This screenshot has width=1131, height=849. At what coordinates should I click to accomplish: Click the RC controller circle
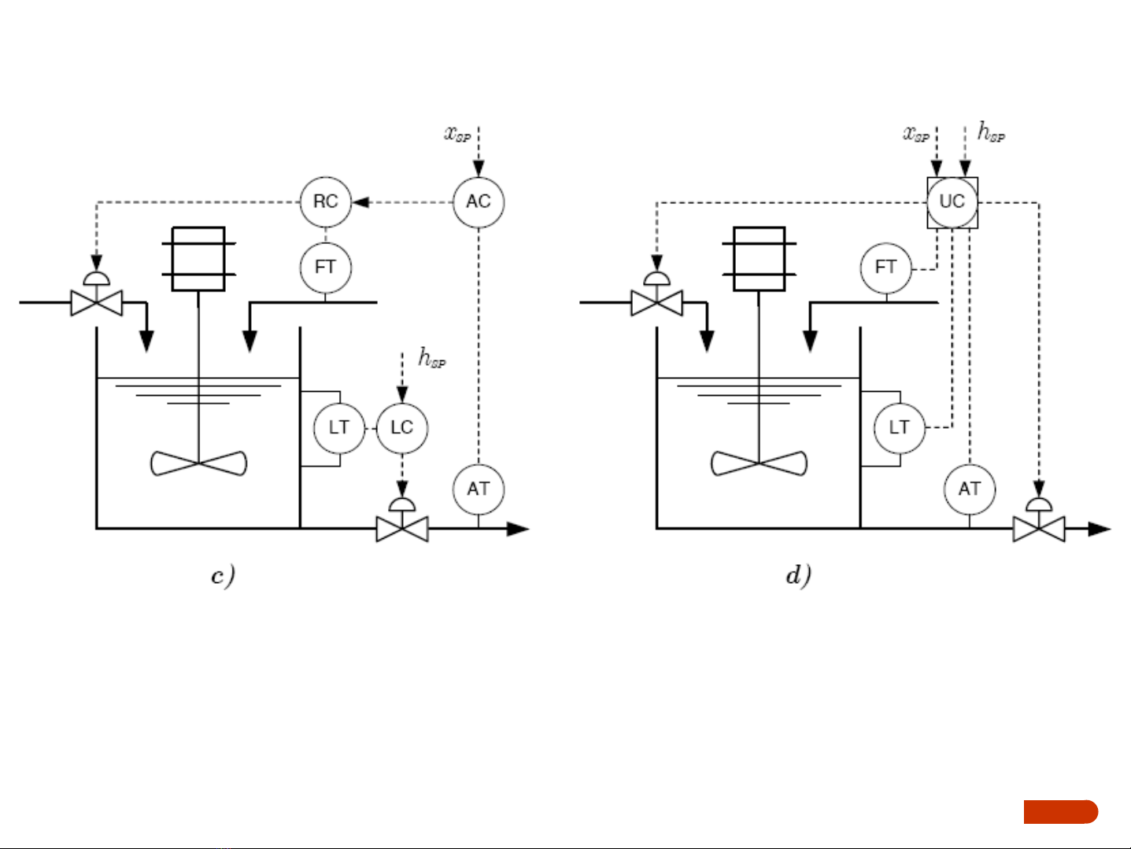point(325,202)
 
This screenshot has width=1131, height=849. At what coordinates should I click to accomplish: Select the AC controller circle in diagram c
point(478,202)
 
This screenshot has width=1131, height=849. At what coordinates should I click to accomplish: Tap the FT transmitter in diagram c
point(325,268)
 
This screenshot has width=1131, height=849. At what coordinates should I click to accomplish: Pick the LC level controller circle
point(401,428)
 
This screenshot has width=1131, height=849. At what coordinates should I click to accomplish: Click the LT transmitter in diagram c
point(339,428)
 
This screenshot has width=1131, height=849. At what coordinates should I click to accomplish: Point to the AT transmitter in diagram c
point(478,489)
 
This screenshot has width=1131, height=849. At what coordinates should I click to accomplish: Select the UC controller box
point(952,202)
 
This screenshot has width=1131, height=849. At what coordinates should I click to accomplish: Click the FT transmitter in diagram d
point(885,268)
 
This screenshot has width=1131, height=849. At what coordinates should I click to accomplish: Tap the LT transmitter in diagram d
point(899,428)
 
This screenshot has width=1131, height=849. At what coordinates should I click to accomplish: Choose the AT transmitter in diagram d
point(969,489)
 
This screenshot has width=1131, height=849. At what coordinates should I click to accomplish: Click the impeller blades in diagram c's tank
point(198,463)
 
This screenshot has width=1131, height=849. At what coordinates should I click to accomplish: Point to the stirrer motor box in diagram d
point(759,259)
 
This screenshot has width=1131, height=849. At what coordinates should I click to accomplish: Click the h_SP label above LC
point(431,359)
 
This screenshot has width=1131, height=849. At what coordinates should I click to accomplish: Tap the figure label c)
point(223,576)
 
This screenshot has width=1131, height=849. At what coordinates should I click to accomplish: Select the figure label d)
point(798,576)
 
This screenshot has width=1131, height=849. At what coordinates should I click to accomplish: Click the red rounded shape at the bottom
point(1060,811)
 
